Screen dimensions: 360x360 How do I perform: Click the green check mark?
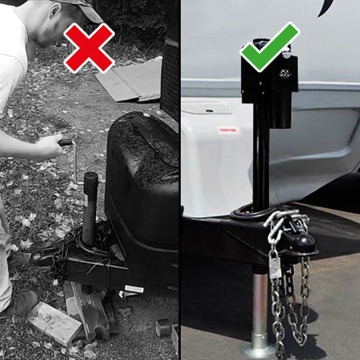(268, 46)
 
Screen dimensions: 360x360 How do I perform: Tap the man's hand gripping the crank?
(49, 145)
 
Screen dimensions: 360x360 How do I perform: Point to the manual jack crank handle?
(73, 154)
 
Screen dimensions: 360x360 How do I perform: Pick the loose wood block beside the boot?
(54, 322)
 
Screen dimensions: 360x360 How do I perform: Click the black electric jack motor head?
(268, 82)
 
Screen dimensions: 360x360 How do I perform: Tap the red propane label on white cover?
(228, 130)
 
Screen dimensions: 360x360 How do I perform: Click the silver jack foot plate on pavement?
(259, 349)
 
